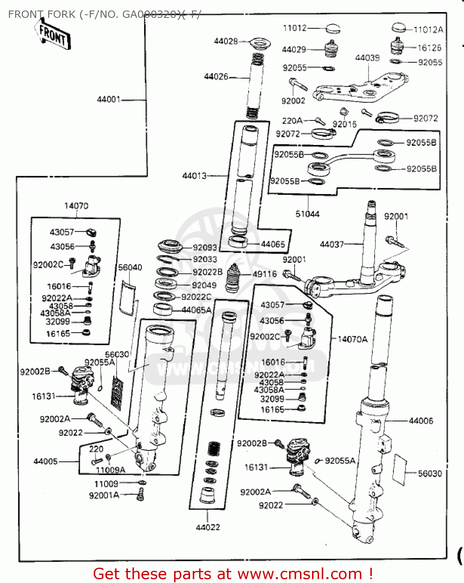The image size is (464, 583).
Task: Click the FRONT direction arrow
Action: coord(53,35)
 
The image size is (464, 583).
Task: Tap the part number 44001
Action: coord(108,99)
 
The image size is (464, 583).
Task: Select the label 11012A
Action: coord(428,30)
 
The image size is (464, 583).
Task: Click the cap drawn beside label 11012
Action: coord(332,28)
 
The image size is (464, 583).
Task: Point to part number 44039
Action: coord(367,58)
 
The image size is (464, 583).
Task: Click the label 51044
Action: coord(307,214)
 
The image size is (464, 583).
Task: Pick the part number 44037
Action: coord(331,244)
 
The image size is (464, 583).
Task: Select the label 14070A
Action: coord(352,339)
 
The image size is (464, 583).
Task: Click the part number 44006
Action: coord(421,421)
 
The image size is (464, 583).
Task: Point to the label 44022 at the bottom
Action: coord(208,527)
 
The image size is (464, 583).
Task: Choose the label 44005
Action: coord(45,461)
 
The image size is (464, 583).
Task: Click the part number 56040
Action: coord(130,267)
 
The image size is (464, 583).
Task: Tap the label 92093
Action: coord(205,247)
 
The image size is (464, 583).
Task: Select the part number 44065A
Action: coord(196,310)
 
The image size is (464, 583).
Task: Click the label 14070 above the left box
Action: coord(76,206)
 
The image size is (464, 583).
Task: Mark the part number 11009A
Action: coord(110,470)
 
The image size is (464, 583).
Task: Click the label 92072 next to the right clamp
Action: coord(426,118)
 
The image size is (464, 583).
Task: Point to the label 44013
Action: coord(194,176)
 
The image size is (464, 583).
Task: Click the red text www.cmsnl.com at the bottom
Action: coord(300,574)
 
